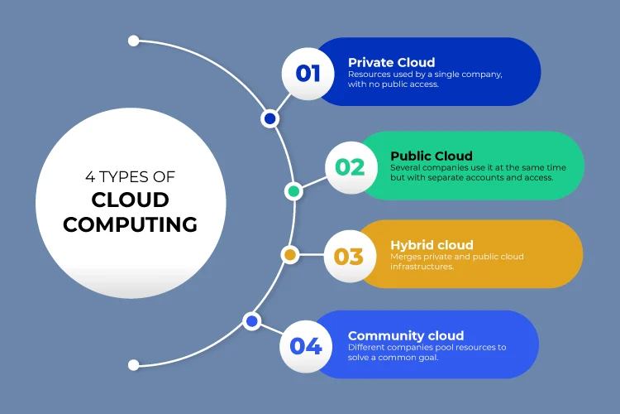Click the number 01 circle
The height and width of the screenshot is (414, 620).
click(308, 73)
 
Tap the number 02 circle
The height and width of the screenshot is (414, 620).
click(350, 167)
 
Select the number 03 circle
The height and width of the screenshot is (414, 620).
click(348, 256)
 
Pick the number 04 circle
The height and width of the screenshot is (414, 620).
click(305, 345)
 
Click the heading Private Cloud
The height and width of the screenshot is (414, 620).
click(391, 62)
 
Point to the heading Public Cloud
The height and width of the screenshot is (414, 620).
click(432, 156)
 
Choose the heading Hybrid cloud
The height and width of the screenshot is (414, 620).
click(432, 245)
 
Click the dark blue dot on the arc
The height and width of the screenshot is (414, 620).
click(269, 119)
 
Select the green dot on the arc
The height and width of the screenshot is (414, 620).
click(293, 191)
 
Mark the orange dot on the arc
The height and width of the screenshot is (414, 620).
click(289, 255)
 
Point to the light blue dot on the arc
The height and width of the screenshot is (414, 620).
click(251, 320)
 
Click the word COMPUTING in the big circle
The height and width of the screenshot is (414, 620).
click(131, 224)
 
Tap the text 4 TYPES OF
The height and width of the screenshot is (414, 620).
click(131, 176)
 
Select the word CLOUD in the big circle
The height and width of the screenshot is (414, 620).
click(131, 200)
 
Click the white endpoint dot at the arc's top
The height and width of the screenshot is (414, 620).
click(134, 40)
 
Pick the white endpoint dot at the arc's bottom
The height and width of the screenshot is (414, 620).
click(134, 364)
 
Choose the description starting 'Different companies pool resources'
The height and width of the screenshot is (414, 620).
click(427, 352)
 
